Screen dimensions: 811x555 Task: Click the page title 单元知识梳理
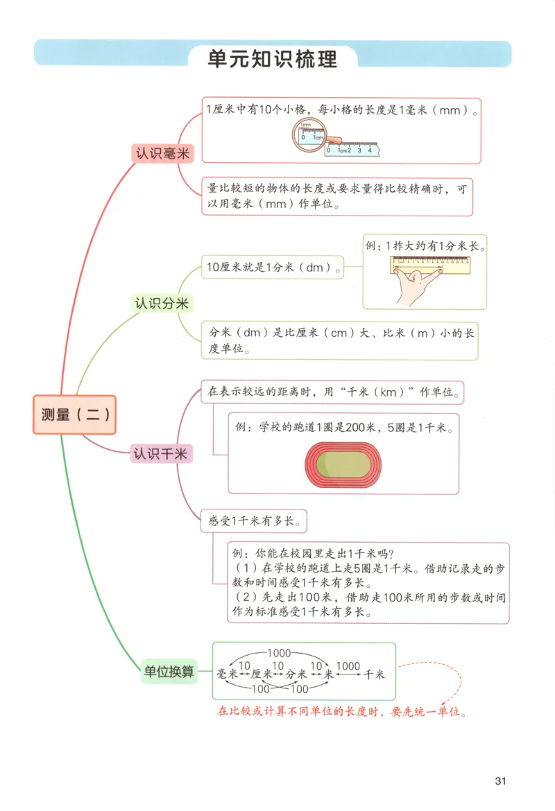coord(273,59)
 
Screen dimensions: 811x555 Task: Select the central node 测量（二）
coord(74,415)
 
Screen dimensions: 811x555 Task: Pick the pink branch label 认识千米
coord(162,454)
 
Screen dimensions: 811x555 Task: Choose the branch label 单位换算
coord(169,671)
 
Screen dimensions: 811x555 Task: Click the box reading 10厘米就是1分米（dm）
coord(273,267)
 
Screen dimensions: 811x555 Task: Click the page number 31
coord(501,781)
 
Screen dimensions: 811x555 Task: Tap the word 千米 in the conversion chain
coord(374,674)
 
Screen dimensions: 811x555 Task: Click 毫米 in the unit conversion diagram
coord(228,674)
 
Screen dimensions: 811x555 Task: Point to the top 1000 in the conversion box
coord(277,653)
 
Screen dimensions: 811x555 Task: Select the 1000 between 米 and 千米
coord(348,666)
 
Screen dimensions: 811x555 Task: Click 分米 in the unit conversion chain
coord(296,674)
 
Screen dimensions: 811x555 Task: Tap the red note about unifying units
coord(341,712)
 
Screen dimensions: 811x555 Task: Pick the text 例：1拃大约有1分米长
coord(425,246)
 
